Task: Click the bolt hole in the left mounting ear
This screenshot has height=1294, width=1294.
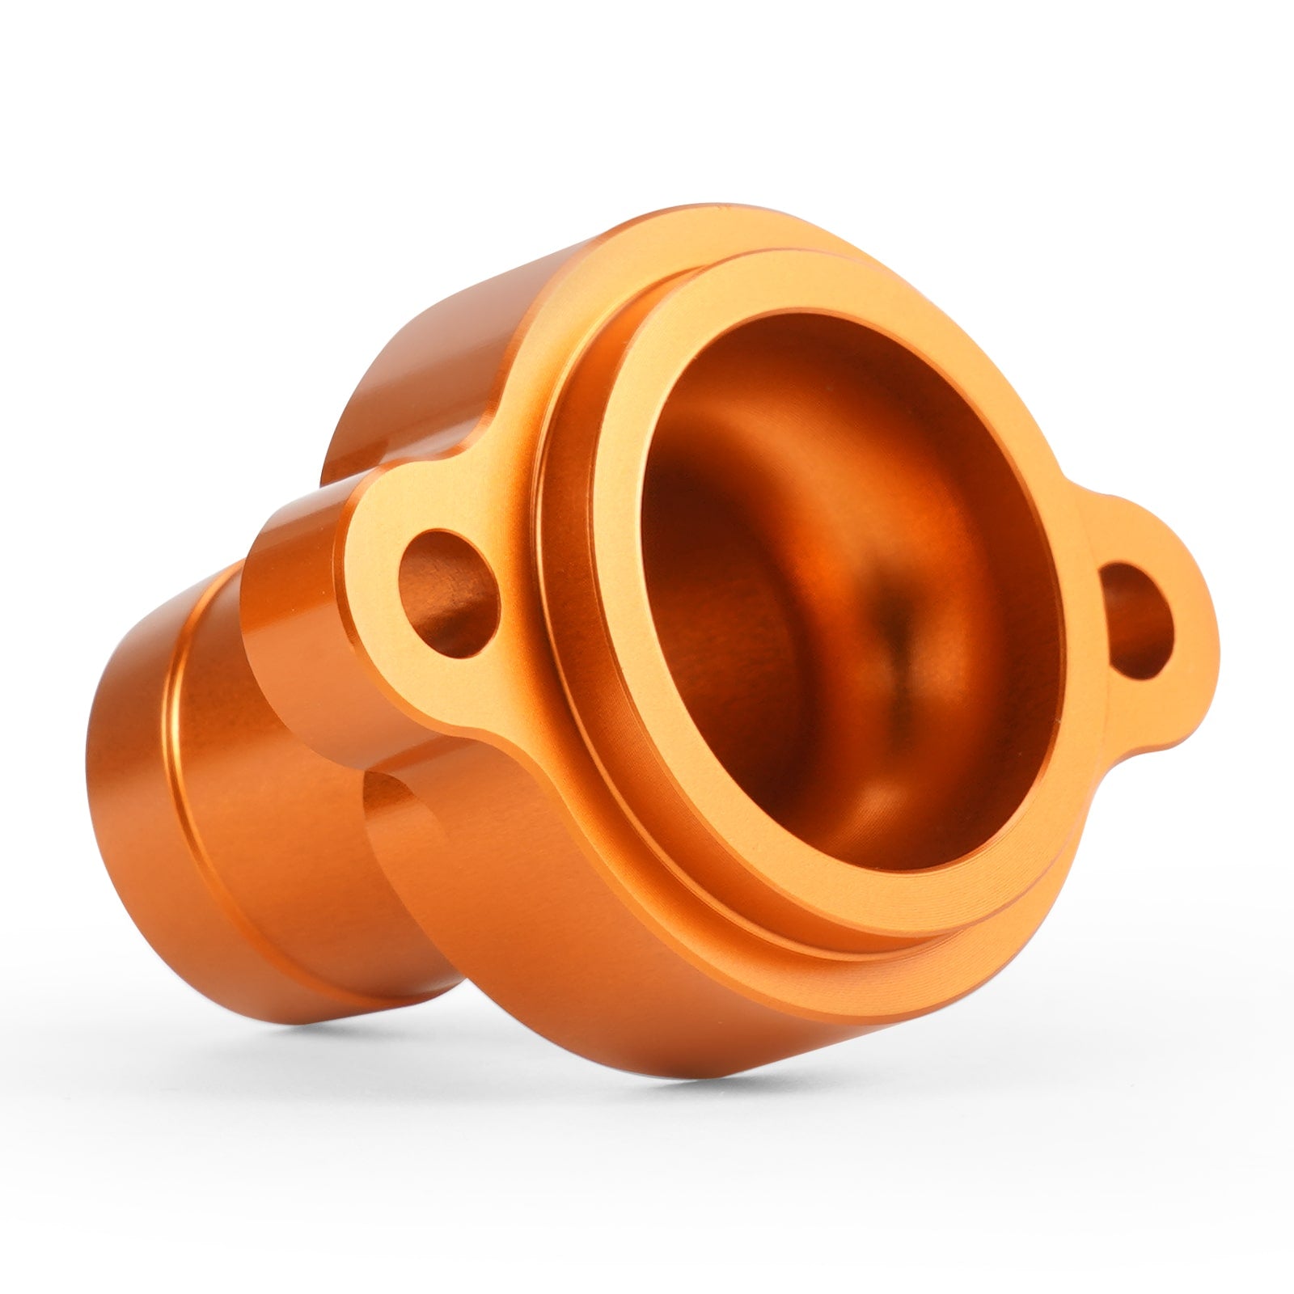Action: (447, 592)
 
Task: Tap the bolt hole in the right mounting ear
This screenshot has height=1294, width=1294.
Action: (1135, 618)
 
